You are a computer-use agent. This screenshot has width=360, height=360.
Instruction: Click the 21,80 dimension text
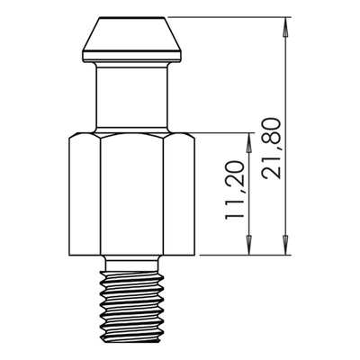click(x=272, y=148)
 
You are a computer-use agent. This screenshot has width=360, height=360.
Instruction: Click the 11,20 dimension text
click(x=235, y=190)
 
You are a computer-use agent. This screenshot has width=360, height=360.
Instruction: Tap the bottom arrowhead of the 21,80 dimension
click(x=285, y=245)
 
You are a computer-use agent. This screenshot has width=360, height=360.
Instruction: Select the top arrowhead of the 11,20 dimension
click(x=248, y=142)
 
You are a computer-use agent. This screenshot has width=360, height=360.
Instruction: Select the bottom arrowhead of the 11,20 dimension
click(x=248, y=245)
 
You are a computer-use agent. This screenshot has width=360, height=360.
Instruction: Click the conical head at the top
click(x=132, y=34)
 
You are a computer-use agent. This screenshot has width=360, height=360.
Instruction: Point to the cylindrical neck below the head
click(x=132, y=96)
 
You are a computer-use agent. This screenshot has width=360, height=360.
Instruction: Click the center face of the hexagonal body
click(x=132, y=195)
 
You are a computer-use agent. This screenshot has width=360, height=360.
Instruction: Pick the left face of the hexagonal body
click(x=85, y=195)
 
